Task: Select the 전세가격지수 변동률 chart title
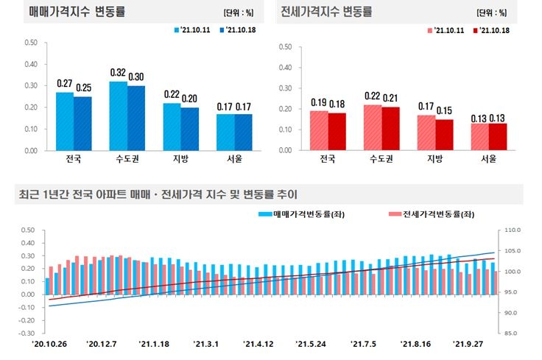tap(327, 13)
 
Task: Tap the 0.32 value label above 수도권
tap(118, 73)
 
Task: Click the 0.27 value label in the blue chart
tap(64, 84)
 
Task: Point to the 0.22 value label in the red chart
tap(373, 96)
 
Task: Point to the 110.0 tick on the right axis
tap(513, 230)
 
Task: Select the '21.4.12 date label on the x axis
tap(258, 344)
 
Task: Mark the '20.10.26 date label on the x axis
tap(49, 344)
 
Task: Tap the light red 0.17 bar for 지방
tap(426, 133)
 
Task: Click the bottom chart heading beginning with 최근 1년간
tap(158, 195)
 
